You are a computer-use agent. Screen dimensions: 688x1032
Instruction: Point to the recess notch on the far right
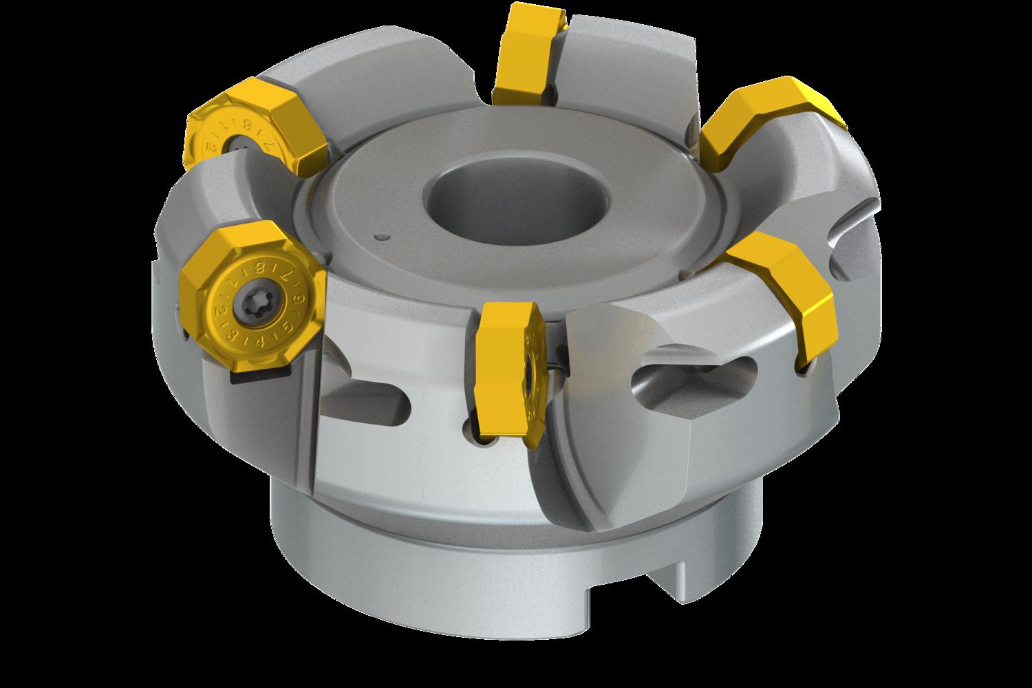tap(853, 255)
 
